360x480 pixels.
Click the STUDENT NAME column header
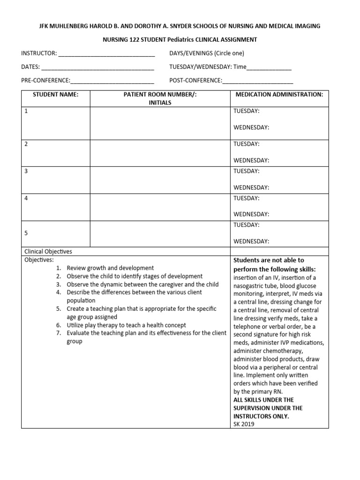click(55, 94)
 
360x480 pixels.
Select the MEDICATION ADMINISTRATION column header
click(279, 94)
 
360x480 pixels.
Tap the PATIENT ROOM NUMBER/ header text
click(160, 94)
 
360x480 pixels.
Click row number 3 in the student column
click(26, 171)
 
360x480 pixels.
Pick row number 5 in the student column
click(26, 232)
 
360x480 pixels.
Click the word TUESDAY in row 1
click(246, 111)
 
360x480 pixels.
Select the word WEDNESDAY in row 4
click(251, 214)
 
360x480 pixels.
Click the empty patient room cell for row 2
click(160, 153)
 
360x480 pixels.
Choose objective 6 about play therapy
click(126, 325)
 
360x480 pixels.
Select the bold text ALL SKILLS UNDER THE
click(263, 400)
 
